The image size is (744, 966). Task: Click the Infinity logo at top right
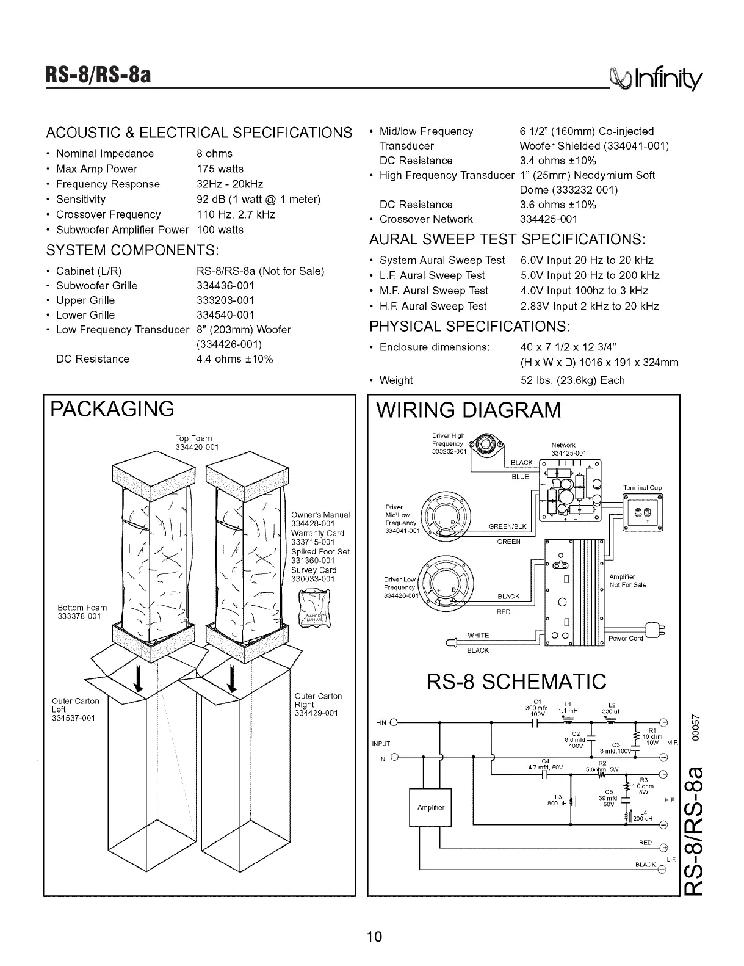(662, 78)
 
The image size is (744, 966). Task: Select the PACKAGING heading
(112, 409)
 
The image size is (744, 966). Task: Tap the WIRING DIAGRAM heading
(468, 410)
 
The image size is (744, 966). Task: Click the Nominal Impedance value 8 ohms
(214, 154)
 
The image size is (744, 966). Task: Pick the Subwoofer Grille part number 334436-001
(225, 286)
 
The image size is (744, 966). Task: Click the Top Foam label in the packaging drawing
(194, 443)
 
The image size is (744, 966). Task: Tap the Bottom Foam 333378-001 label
(82, 612)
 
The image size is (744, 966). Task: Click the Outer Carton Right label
(317, 705)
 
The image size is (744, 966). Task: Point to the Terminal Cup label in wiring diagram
(642, 488)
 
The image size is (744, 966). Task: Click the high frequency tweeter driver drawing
(486, 446)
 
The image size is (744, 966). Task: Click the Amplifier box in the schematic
(430, 807)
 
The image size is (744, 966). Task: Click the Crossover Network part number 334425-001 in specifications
(548, 219)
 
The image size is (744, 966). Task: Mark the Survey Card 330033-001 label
(314, 575)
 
